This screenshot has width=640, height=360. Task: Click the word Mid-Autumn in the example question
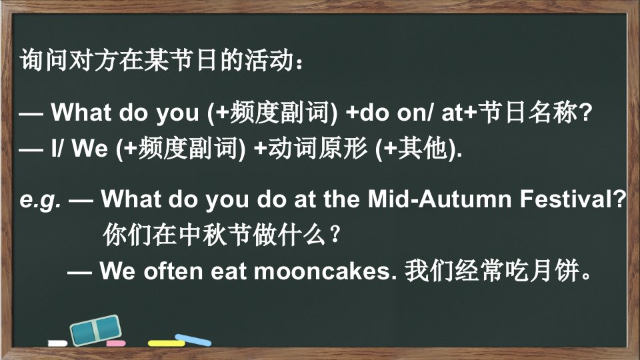[x=439, y=199]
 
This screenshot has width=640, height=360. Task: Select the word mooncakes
[x=325, y=271]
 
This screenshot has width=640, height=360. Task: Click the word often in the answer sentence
[x=173, y=271]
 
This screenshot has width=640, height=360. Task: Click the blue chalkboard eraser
[x=96, y=330]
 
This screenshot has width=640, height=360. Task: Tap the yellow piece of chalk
[x=166, y=343]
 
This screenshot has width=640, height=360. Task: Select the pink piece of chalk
[x=116, y=343]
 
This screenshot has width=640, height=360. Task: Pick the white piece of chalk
[x=57, y=343]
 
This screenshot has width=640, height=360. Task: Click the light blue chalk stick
[x=193, y=339]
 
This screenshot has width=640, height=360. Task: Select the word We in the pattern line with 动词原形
[x=90, y=148]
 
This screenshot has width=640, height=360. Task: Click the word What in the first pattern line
[x=81, y=112]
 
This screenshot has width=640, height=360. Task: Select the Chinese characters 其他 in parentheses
[x=423, y=148]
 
